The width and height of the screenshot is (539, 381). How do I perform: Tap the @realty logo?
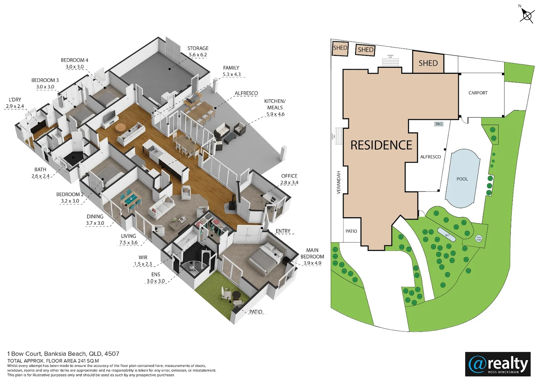[x=498, y=364]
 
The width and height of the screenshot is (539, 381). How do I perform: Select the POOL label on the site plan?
[x=462, y=179]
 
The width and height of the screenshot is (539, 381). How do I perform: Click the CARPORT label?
[x=478, y=93]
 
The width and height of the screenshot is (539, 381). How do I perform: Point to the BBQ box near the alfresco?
[x=438, y=124]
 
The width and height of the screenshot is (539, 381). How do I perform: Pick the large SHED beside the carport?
[x=428, y=63]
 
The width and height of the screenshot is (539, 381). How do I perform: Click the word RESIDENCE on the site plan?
[x=381, y=145]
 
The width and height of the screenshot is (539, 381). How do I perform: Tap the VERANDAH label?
[x=339, y=182]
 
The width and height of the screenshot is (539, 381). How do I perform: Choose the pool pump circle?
[x=479, y=238]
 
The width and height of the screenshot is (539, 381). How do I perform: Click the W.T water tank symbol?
[x=447, y=235]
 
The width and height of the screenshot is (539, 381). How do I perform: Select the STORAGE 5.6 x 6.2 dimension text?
[x=198, y=55]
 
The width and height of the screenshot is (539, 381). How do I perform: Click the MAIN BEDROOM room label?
[x=312, y=253]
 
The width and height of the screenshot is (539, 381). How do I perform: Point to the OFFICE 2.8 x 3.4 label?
[x=289, y=179]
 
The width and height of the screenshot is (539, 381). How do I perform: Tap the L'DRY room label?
[x=15, y=100]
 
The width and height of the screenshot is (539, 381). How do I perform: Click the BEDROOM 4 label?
[x=74, y=60]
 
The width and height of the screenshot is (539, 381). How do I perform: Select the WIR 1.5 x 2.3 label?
[x=143, y=261]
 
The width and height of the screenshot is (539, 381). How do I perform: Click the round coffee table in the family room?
[x=121, y=127]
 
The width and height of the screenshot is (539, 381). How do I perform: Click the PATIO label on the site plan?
[x=351, y=231]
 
